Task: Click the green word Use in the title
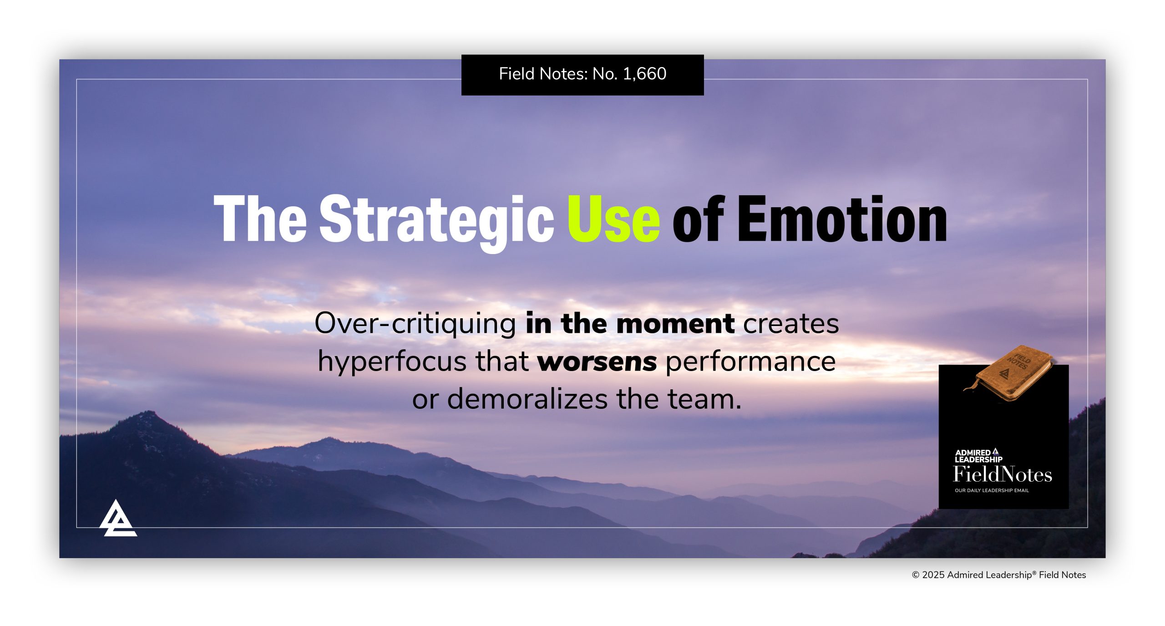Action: (613, 219)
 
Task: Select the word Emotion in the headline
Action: (842, 219)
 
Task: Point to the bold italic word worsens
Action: (597, 361)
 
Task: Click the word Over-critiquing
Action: (415, 324)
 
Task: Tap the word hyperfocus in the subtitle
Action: (392, 361)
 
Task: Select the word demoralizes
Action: (527, 399)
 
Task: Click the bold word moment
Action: (675, 324)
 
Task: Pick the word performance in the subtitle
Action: (750, 361)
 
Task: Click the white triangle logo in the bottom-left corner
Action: (117, 519)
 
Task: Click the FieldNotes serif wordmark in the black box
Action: (1002, 474)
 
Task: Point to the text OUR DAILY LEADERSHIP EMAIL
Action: (991, 491)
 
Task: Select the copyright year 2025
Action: (933, 575)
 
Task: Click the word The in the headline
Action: (260, 219)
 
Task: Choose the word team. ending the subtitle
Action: (704, 399)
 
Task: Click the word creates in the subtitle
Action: (791, 324)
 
